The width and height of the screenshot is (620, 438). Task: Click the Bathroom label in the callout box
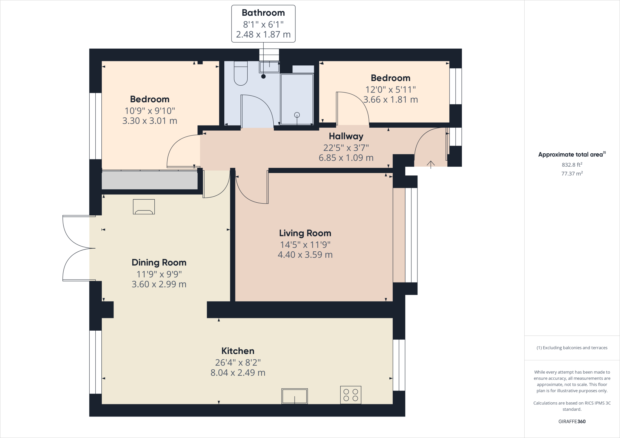263,13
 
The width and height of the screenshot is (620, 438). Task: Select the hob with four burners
351,395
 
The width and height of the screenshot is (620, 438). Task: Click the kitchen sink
295,396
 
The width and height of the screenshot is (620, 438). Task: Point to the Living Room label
305,233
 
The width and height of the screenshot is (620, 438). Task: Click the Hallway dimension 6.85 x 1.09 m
346,158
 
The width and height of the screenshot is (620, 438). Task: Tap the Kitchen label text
238,351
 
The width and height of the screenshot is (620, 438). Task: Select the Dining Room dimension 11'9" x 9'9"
159,274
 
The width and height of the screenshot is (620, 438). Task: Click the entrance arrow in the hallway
431,164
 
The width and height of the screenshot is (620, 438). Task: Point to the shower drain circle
297,115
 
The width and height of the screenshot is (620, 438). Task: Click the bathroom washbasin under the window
269,67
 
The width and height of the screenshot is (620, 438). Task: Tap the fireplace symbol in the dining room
144,207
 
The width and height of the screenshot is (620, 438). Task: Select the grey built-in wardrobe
150,180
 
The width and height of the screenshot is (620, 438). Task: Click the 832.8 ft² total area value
572,165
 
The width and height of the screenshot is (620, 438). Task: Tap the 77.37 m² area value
572,173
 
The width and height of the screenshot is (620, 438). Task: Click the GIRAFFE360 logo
572,421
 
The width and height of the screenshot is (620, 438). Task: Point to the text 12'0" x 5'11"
391,90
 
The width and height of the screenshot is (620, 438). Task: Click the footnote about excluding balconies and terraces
572,348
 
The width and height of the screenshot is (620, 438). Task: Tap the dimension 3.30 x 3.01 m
150,121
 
